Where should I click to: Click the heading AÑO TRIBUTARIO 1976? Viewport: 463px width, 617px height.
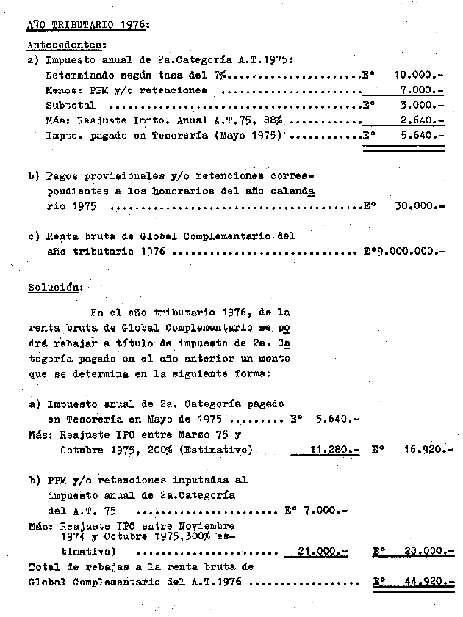87,24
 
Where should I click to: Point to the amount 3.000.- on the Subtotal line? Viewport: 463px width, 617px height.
423,106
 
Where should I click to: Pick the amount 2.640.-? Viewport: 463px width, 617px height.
423,121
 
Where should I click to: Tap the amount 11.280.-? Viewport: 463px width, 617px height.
333,450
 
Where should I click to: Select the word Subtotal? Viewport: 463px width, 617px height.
65,106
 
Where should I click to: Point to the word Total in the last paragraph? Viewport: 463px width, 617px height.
43,566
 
